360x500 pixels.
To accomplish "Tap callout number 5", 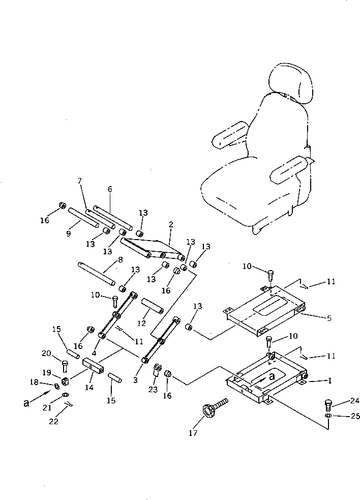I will click(329, 319).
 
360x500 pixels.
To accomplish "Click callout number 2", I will click(171, 224).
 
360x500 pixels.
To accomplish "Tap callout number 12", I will click(142, 323).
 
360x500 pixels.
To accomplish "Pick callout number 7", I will click(79, 181).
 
